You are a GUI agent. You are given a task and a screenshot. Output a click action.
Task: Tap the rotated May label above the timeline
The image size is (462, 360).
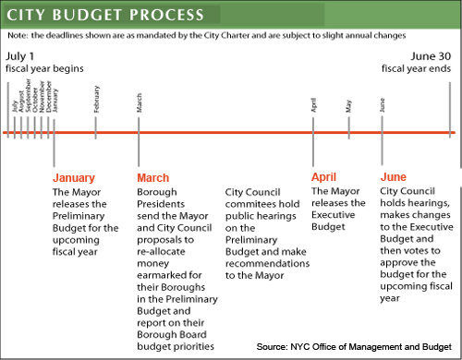349,106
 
